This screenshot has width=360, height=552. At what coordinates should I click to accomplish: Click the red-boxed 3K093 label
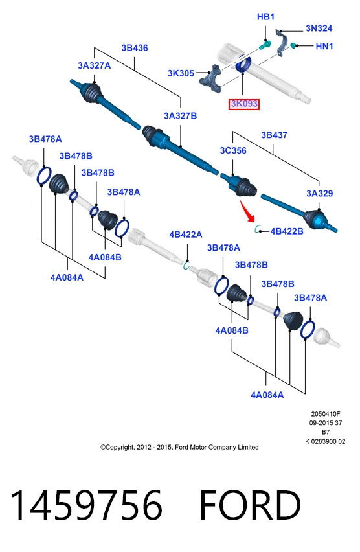pos(244,104)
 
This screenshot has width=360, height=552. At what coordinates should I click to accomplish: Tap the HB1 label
pos(265,17)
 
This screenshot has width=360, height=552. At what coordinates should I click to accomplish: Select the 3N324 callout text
pos(319,28)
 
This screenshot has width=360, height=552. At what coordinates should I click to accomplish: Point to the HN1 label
pos(324,46)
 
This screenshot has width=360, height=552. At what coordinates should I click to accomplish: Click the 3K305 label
pos(181,73)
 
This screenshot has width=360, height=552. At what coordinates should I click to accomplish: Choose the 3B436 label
pos(135,48)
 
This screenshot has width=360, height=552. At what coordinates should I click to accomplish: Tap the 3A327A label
pos(95,65)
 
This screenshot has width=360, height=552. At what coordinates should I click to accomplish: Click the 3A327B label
pos(180,116)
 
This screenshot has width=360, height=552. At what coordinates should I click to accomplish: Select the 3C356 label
pos(233,151)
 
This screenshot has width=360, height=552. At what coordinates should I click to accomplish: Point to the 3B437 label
pos(274,135)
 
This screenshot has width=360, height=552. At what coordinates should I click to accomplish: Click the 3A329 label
pos(319,193)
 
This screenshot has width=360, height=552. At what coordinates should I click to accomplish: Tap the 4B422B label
pos(287,231)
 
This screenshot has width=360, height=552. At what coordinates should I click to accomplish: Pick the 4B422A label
pos(186,235)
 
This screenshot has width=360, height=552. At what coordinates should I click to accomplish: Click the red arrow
pos(247,211)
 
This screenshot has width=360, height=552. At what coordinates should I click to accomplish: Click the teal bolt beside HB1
pos(264,45)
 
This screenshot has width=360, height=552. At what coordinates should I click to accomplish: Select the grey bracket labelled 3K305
pos(211,78)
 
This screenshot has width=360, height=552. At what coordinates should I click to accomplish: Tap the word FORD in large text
pos(250,505)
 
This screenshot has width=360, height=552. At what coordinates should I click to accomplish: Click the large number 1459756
pos(86,505)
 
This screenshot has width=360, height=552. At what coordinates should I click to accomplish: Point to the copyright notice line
pos(179,448)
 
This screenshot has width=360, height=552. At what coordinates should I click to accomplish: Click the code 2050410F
pos(326,414)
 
